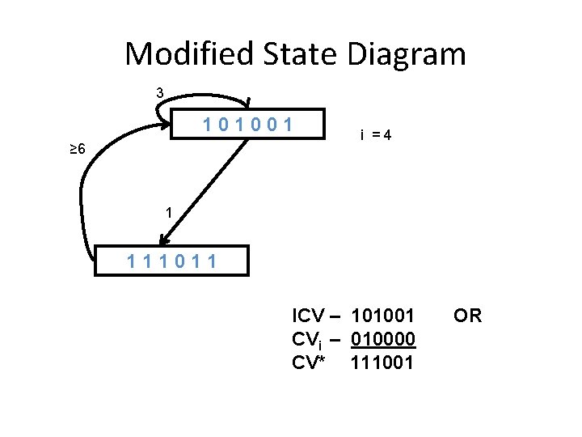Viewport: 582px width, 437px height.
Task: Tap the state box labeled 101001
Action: [250, 125]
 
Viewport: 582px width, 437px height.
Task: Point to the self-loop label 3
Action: [160, 93]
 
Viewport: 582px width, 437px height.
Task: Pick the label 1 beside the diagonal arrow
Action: [167, 213]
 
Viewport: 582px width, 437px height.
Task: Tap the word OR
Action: [467, 316]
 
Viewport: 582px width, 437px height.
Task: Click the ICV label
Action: [309, 316]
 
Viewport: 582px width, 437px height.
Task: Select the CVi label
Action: [307, 339]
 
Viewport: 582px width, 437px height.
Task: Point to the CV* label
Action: [309, 363]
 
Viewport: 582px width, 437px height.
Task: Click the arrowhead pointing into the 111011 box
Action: [164, 240]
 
